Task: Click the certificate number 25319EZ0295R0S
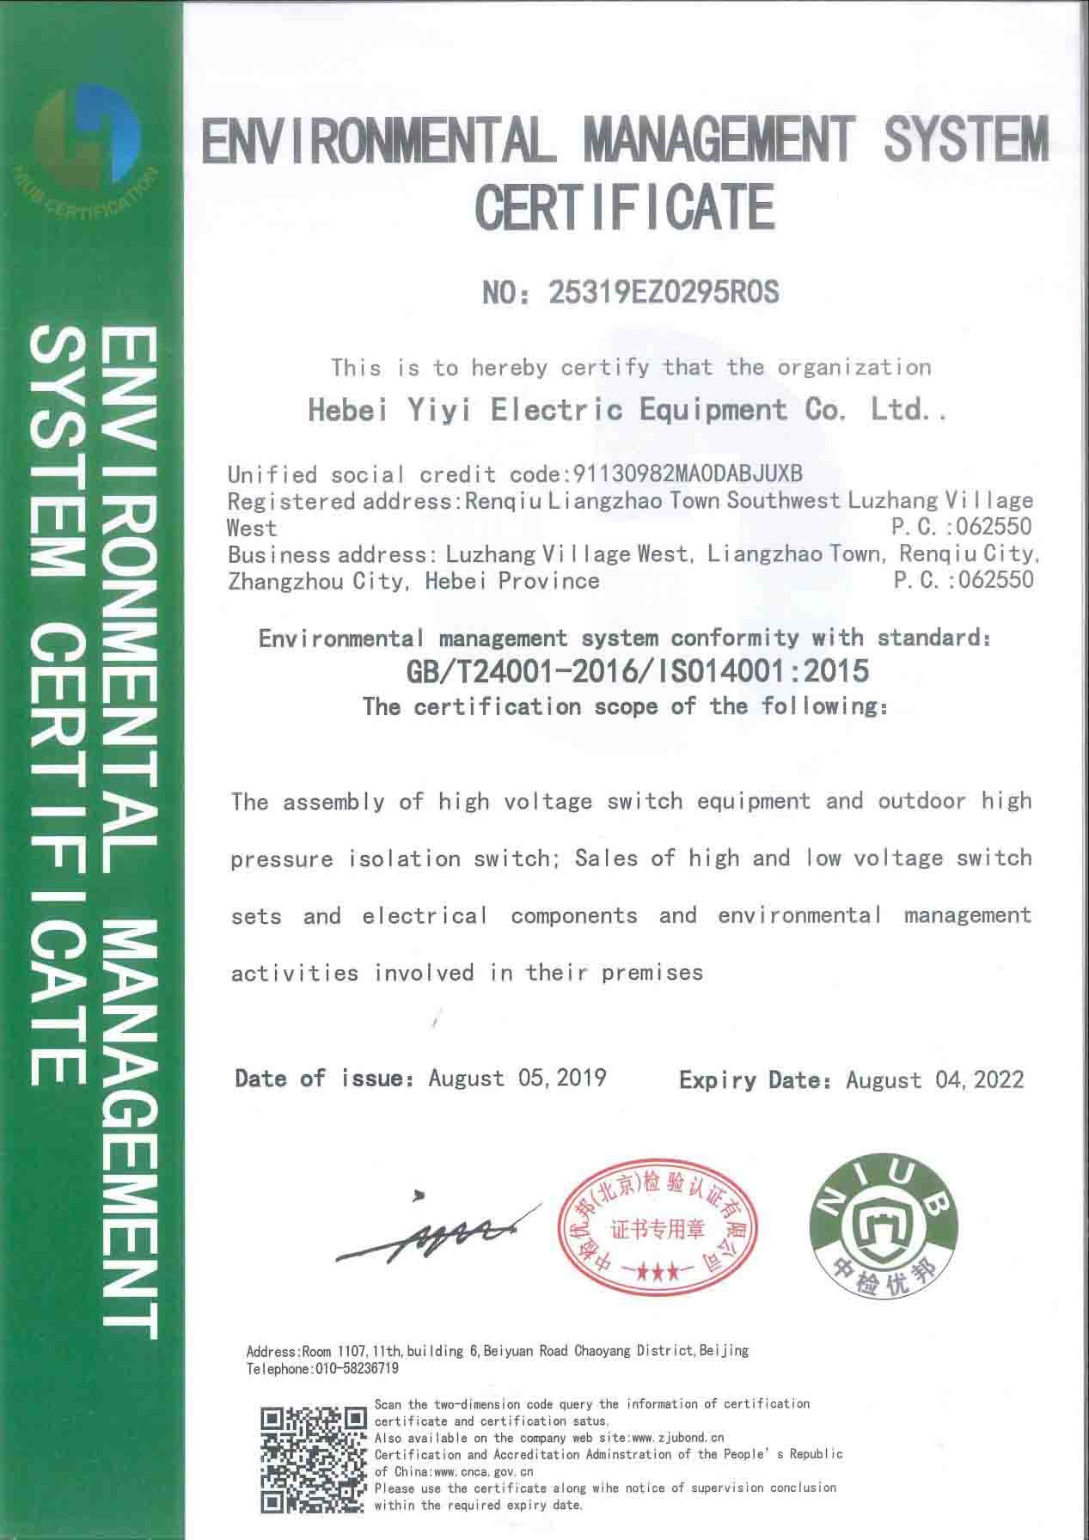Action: pos(662,293)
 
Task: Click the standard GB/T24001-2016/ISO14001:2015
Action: pos(638,671)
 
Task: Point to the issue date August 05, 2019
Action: pos(517,1078)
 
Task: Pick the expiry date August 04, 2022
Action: pos(934,1079)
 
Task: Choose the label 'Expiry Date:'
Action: pos(756,1079)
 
